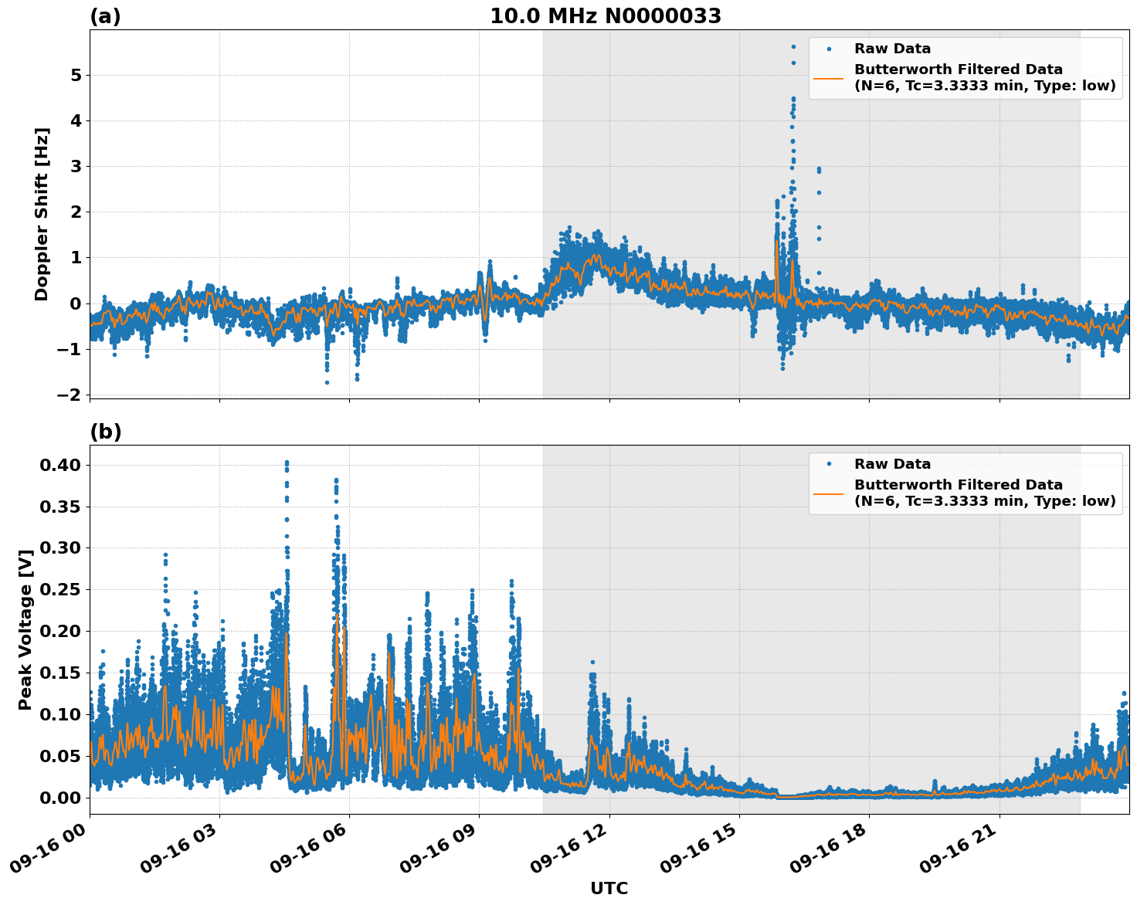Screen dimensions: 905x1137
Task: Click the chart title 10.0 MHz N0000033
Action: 606,16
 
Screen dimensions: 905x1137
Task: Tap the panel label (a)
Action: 105,16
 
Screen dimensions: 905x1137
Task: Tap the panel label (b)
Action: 106,432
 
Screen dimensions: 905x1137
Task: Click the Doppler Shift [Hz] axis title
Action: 42,214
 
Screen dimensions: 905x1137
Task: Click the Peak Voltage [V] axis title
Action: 25,629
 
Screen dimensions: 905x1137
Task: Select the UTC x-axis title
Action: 609,888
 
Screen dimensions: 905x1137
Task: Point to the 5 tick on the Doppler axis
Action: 76,76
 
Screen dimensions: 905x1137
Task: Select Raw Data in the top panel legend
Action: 892,49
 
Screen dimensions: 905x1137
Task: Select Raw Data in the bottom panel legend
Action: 892,464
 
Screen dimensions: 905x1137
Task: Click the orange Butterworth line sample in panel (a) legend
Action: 829,78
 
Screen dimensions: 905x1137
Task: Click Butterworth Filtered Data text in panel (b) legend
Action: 958,485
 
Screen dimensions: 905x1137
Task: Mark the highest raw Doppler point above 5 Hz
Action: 793,46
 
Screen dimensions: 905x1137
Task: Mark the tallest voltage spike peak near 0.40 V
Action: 287,463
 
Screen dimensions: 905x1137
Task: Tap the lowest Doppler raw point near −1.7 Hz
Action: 327,382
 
